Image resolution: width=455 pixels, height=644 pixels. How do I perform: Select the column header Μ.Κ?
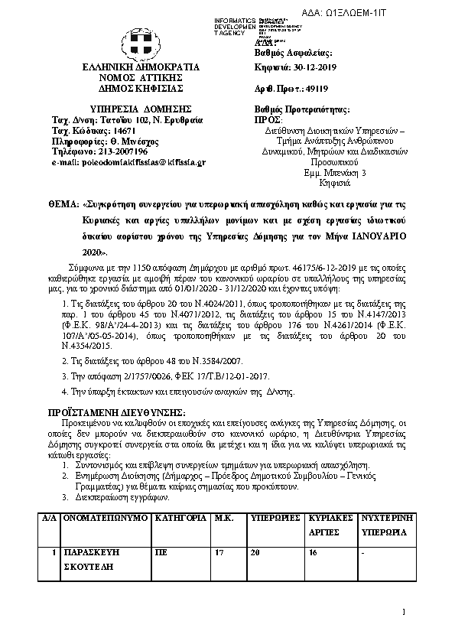[x=223, y=518]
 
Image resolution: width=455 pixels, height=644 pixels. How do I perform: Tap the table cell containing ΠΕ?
[x=160, y=551]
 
